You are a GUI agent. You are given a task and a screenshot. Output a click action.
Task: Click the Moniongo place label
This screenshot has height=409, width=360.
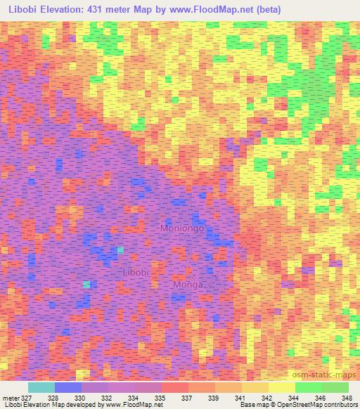pyautogui.click(x=183, y=229)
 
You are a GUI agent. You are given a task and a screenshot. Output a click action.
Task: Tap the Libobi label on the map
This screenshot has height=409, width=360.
pyautogui.click(x=136, y=272)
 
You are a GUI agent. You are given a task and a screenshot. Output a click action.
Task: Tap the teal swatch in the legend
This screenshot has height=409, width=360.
pyautogui.click(x=41, y=387)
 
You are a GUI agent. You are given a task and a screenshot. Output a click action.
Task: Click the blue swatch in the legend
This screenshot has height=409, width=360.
pyautogui.click(x=67, y=387)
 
